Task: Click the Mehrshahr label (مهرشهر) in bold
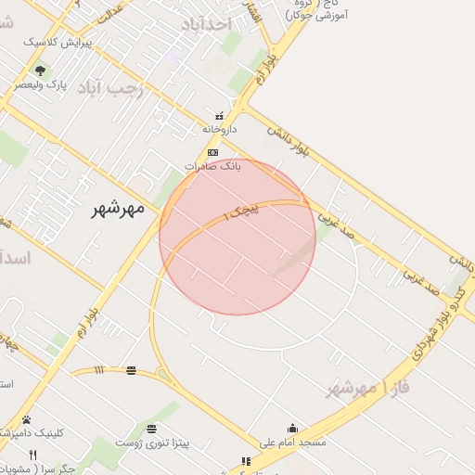click(118, 209)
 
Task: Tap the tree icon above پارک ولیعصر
click(39, 70)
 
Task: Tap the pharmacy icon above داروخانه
click(219, 116)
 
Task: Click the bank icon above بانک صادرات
click(212, 151)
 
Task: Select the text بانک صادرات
click(212, 166)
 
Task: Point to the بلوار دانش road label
click(287, 140)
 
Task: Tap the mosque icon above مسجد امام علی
click(293, 428)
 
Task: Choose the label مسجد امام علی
click(293, 443)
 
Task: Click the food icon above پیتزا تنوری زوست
click(151, 429)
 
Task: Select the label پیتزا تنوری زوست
click(151, 443)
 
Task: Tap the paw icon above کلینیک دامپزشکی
click(26, 419)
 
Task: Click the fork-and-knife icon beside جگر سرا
click(33, 455)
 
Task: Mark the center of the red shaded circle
click(237, 237)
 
